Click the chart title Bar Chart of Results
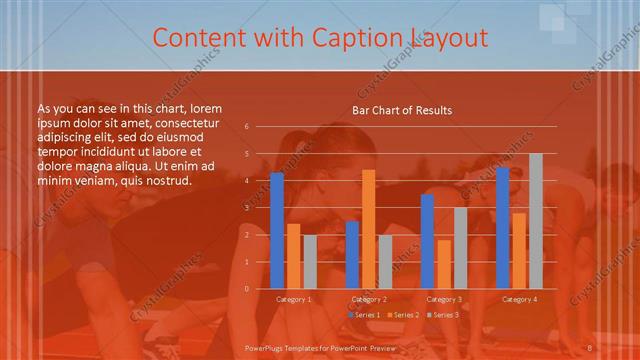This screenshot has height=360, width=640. tap(402, 110)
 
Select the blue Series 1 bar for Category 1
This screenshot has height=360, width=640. tap(277, 230)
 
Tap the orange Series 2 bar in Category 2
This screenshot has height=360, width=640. tap(368, 229)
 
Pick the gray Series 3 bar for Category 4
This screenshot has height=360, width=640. tap(536, 221)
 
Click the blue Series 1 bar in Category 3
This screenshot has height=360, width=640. tap(427, 241)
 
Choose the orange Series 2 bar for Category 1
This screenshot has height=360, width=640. tap(293, 256)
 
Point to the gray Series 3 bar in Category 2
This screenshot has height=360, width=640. tap(385, 262)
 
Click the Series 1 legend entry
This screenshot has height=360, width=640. tap(362, 315)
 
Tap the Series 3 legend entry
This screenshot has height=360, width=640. tap(443, 315)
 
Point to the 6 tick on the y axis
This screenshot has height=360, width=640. tap(247, 127)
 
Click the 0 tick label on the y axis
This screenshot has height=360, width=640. tap(247, 289)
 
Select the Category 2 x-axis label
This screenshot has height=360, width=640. tap(369, 299)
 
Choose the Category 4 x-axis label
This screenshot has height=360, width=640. tap(519, 299)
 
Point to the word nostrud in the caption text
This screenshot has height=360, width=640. tap(164, 181)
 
